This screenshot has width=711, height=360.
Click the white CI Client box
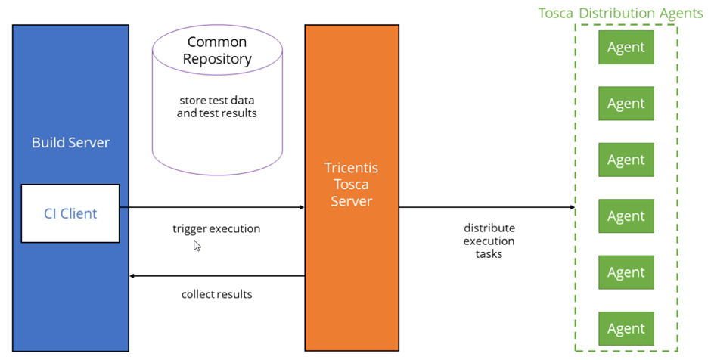[70, 213]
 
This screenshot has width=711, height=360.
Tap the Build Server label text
[70, 142]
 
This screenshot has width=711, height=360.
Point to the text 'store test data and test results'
[217, 107]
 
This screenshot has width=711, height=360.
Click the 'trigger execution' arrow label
[216, 228]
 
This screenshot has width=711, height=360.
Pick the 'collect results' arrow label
[216, 293]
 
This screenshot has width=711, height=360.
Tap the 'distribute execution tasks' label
[489, 241]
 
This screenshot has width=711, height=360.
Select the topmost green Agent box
[626, 47]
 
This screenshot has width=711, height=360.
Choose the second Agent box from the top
[626, 104]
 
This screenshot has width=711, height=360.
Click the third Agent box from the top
[626, 160]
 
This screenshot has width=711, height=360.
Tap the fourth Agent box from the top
[626, 216]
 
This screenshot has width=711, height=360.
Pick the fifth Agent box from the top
[626, 272]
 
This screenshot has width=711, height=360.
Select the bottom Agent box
[626, 329]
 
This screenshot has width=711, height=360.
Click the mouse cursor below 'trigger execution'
[197, 245]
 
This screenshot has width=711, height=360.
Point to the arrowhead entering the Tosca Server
[301, 206]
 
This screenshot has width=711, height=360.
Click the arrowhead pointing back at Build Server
[133, 276]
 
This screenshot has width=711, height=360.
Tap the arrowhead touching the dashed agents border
[571, 207]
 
